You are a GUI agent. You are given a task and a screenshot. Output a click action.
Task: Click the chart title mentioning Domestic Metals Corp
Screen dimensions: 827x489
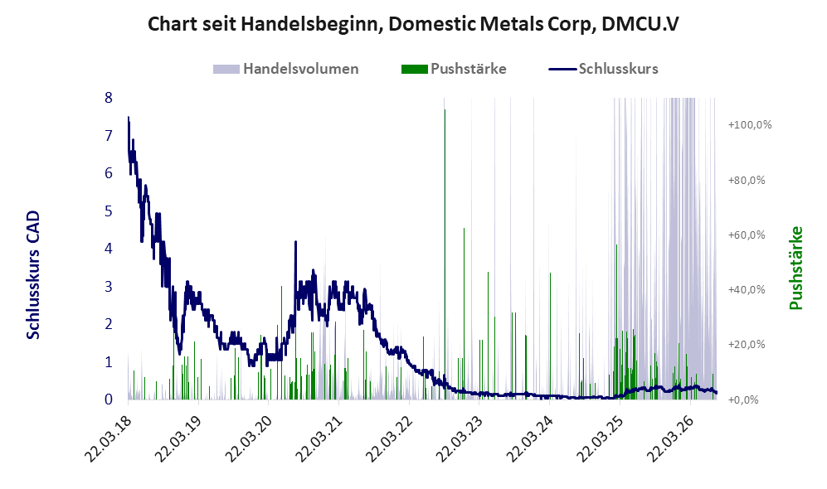[413, 24]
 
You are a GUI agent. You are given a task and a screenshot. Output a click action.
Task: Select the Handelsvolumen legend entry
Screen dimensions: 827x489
[286, 69]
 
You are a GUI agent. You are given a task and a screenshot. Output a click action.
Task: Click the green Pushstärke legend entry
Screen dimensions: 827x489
[454, 69]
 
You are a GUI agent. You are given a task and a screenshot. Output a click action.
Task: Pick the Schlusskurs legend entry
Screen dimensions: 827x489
[603, 69]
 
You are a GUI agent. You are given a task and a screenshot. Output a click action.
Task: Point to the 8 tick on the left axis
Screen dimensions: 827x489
[109, 98]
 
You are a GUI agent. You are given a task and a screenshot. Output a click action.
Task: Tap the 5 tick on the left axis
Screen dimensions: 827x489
[109, 211]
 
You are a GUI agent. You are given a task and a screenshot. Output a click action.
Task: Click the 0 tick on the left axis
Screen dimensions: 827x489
[109, 399]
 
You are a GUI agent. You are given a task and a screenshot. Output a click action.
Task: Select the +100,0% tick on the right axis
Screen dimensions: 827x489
[750, 125]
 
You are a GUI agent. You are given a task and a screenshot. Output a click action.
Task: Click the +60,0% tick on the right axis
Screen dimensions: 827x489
[747, 235]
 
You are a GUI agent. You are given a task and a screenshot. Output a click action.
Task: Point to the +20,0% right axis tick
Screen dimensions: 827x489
[747, 345]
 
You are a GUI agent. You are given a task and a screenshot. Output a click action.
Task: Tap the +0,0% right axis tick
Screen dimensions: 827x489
[743, 400]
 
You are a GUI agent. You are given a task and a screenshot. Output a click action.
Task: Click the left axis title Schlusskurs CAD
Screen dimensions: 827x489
[33, 274]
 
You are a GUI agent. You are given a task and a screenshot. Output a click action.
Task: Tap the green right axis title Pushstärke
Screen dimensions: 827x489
[795, 269]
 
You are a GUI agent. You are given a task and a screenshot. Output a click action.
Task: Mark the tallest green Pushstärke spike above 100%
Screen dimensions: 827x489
[445, 109]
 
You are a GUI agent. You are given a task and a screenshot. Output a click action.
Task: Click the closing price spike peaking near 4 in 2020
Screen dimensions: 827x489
[295, 242]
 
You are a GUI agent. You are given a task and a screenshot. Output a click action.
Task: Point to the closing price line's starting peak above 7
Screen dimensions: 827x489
[129, 118]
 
